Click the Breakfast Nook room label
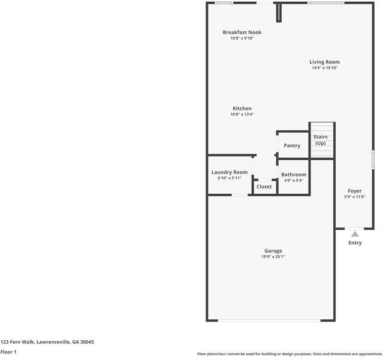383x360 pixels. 242,32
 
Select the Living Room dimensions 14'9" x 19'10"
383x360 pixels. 324,68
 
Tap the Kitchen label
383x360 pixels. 242,109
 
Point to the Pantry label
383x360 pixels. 292,146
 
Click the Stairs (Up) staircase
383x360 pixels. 321,140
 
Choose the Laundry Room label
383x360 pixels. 229,172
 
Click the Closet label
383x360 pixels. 264,187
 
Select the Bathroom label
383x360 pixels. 294,175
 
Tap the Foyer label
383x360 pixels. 355,191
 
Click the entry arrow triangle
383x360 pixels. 355,233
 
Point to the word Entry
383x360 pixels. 355,243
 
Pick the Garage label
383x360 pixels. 273,251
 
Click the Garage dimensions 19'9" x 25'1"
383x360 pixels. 273,257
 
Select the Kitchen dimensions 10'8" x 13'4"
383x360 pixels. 242,115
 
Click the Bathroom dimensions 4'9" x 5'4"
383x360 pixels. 294,181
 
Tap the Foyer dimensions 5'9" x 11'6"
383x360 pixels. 355,197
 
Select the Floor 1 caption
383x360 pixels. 8,352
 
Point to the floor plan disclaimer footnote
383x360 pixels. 289,354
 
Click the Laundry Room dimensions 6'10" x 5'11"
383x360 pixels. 229,178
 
